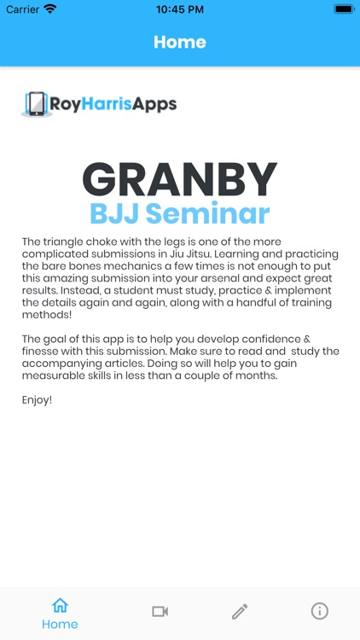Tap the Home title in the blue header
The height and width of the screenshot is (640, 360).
point(179,42)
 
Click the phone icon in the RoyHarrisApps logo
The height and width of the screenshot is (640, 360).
point(36,104)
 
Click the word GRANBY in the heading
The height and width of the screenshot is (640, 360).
point(180,179)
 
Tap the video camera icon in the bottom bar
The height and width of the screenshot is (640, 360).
point(160,611)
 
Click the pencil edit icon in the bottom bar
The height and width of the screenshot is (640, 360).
point(240,611)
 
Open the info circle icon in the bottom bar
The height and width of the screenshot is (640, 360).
point(320,611)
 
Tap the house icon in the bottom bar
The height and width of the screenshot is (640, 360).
point(60,606)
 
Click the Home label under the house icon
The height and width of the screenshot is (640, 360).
point(60,625)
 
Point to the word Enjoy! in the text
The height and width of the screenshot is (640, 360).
point(37,399)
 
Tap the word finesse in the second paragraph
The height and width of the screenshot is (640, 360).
point(43,352)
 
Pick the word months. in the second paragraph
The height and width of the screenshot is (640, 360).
point(253,375)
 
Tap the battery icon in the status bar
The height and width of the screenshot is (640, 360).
point(343,9)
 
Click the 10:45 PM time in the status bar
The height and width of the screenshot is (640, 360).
point(180,9)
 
